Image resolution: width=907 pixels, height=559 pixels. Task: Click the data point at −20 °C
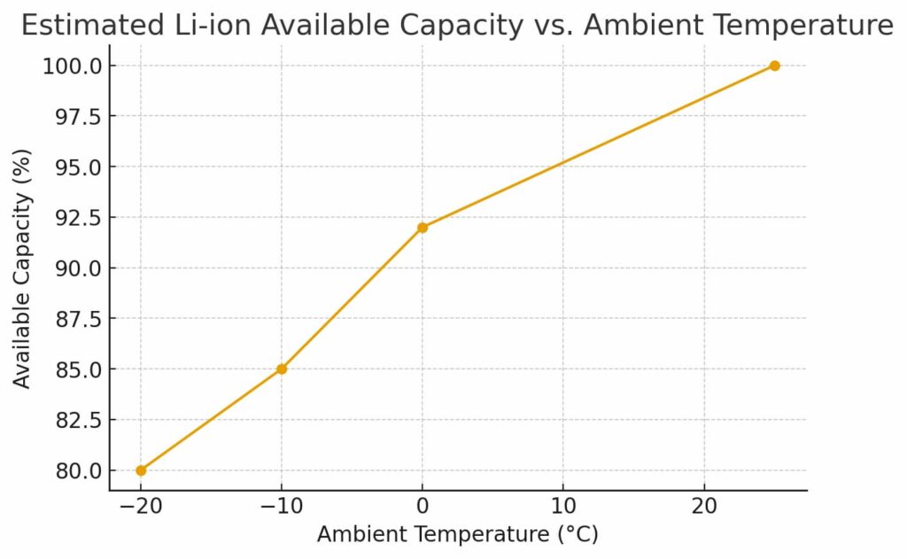coord(141,470)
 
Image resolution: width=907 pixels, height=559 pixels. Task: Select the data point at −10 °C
coord(282,369)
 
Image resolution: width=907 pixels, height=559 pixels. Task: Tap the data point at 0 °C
coord(422,228)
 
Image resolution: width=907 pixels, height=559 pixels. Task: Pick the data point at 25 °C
coord(774,66)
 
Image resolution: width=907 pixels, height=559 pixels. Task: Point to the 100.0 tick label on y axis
coord(72,66)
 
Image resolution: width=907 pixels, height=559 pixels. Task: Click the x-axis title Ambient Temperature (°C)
coord(458,535)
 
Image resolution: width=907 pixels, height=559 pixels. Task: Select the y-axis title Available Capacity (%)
coord(23,268)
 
